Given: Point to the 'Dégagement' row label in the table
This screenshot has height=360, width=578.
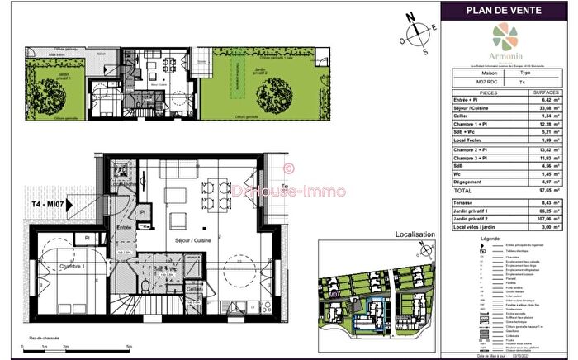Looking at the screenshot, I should click(475, 182).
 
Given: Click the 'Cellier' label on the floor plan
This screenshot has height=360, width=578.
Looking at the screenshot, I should click(193, 289).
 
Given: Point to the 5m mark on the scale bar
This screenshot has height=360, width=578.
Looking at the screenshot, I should click(129, 347).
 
